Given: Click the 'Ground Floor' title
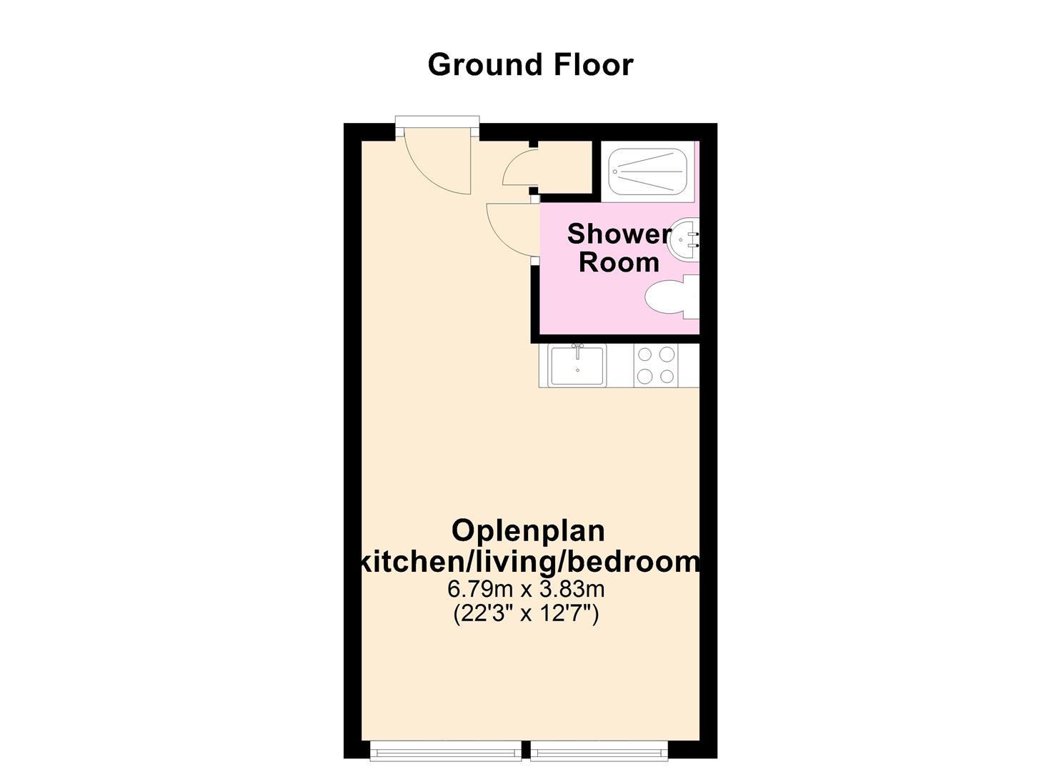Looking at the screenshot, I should point(530,64).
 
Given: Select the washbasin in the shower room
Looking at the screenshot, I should point(682,239).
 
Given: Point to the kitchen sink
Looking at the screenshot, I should point(577,365).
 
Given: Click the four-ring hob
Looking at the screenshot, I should point(656,365).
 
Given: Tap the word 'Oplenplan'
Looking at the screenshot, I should point(528,530).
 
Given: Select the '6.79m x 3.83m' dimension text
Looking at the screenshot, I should point(526,589).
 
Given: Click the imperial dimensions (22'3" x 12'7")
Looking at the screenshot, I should point(526,613).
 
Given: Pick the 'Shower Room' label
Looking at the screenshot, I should point(618,248).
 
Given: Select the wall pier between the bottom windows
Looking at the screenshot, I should point(526,750).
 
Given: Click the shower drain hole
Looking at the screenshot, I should point(615,172).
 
